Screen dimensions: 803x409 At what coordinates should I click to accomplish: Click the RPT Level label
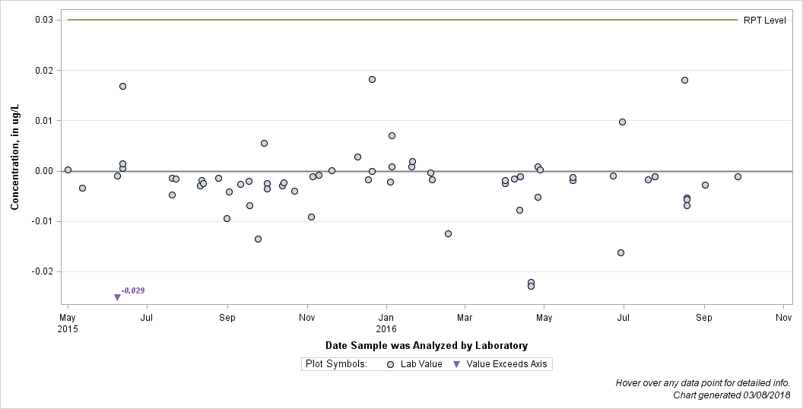click(x=764, y=21)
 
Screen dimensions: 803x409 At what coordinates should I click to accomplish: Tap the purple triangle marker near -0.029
click(x=117, y=297)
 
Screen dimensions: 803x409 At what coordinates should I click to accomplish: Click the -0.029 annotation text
click(x=133, y=290)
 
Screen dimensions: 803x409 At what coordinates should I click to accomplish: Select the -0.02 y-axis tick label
click(x=43, y=272)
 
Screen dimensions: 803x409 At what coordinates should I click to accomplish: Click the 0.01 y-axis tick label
click(x=45, y=121)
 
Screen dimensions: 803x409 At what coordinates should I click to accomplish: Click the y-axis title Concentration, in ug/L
click(x=15, y=157)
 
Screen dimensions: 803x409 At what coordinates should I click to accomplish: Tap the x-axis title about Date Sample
click(x=427, y=346)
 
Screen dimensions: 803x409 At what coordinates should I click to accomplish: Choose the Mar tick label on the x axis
click(x=465, y=318)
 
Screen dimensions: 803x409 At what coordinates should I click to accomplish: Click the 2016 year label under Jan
click(x=386, y=328)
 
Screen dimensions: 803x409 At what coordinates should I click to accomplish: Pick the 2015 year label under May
click(x=68, y=328)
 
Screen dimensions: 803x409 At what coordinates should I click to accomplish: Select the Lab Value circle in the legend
click(x=390, y=364)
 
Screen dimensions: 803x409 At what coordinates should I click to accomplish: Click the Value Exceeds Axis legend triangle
click(x=457, y=364)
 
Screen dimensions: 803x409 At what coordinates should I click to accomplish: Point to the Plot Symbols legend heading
click(x=336, y=364)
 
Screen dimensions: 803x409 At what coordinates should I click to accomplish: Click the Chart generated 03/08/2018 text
click(x=732, y=395)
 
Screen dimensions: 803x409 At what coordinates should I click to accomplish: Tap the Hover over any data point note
click(x=703, y=383)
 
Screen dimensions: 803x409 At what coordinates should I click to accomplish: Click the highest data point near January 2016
click(x=373, y=79)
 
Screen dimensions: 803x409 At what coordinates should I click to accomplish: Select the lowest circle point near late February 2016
click(x=448, y=233)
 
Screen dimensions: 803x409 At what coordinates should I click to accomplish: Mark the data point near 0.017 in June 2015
click(x=123, y=86)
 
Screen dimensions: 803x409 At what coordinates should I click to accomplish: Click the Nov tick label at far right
click(x=783, y=318)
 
